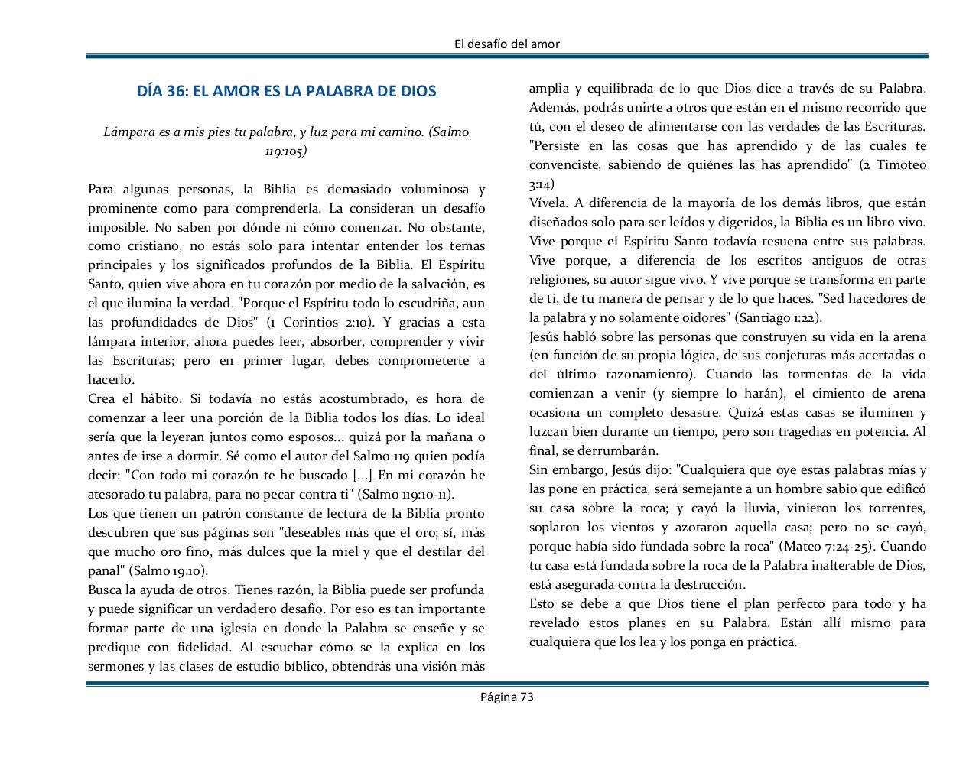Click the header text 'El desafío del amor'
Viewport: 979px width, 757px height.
(x=506, y=44)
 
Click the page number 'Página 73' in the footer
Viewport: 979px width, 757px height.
(x=506, y=697)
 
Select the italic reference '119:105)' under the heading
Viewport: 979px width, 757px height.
(x=286, y=151)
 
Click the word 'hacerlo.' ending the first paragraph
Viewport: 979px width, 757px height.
(x=112, y=380)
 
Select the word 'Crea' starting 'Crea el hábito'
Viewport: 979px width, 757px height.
(x=102, y=399)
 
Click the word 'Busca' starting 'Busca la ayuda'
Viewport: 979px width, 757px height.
(x=105, y=590)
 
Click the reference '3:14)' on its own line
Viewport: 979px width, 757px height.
(x=542, y=184)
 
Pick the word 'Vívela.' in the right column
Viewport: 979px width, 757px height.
(x=548, y=203)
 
